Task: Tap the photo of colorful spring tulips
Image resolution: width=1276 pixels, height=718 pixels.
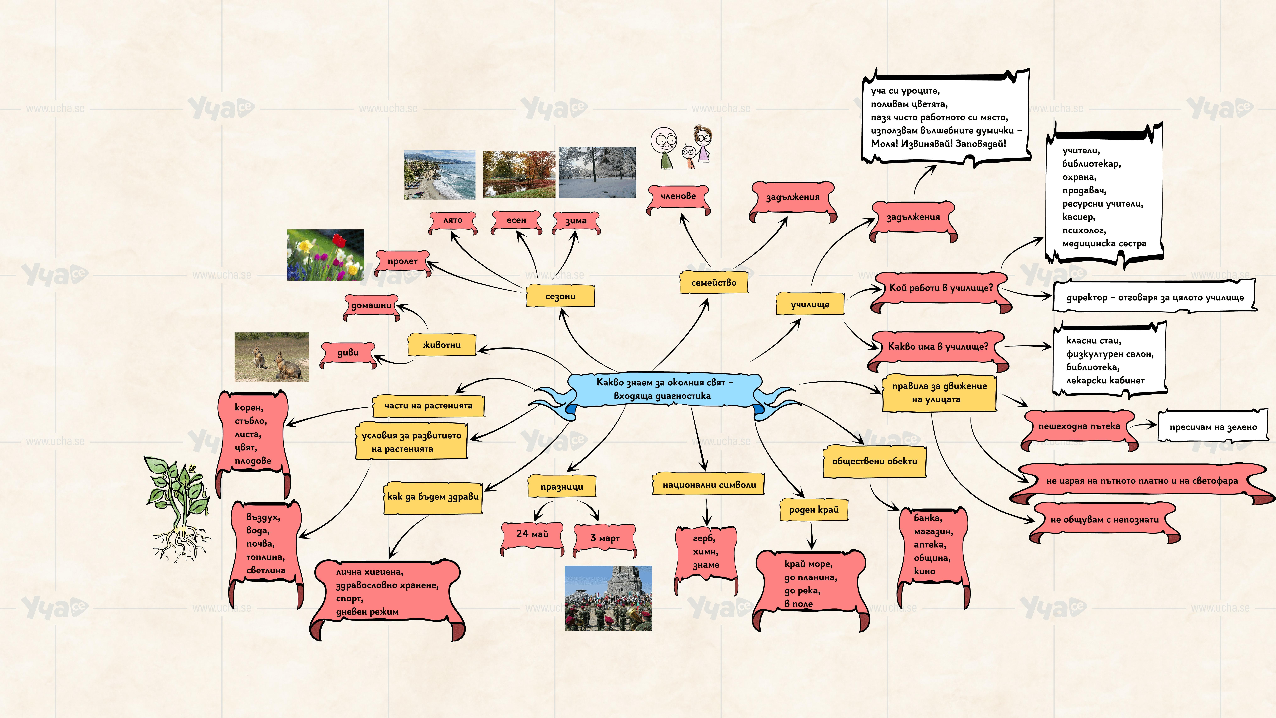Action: (325, 255)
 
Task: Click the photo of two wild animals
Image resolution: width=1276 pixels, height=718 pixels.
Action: (271, 357)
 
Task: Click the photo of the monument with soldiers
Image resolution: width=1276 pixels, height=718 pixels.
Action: (608, 598)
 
